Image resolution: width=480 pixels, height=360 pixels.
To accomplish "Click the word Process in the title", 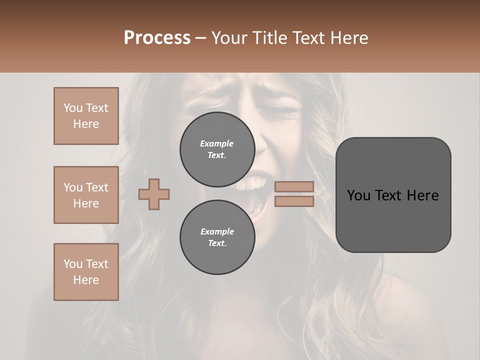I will click(157, 38).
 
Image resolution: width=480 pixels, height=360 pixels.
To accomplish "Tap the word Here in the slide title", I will click(349, 38).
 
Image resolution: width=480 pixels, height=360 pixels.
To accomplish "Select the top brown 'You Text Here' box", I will click(86, 116).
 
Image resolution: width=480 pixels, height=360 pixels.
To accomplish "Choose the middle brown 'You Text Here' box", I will click(86, 195).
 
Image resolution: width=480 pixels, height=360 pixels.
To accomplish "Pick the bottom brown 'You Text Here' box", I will click(86, 272).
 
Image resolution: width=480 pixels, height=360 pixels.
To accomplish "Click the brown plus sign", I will click(154, 194).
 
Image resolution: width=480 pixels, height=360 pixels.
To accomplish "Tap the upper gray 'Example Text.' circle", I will click(217, 149).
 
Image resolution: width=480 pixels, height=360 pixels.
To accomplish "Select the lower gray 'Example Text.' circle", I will click(217, 237).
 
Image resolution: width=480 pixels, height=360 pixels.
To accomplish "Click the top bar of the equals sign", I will click(294, 186).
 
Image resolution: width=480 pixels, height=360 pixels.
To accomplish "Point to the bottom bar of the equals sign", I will click(294, 201).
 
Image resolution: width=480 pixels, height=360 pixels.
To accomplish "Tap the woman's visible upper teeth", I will click(248, 185).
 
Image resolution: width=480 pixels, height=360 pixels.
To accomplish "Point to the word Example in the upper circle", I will click(217, 143).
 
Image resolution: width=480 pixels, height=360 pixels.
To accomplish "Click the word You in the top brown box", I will click(72, 108).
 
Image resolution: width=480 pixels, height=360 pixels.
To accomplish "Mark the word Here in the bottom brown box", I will click(86, 280).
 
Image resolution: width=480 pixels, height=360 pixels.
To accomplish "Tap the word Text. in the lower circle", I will click(217, 243).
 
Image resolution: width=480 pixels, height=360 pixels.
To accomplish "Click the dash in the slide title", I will click(201, 38).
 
